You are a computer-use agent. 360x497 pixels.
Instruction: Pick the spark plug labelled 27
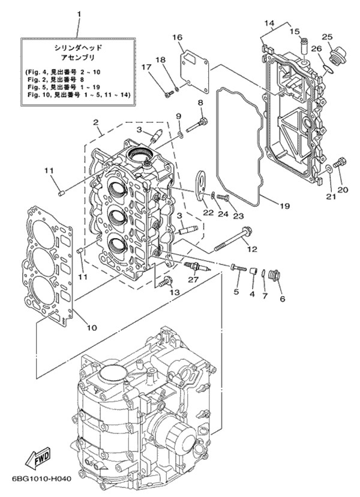pyautogui.click(x=196, y=265)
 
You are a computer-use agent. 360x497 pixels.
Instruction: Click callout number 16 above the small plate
pyautogui.click(x=178, y=37)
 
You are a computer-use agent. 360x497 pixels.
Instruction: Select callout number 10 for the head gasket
pyautogui.click(x=92, y=327)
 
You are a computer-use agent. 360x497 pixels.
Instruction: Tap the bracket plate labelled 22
pyautogui.click(x=200, y=180)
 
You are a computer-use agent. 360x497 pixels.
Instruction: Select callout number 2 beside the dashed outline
pyautogui.click(x=95, y=123)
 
